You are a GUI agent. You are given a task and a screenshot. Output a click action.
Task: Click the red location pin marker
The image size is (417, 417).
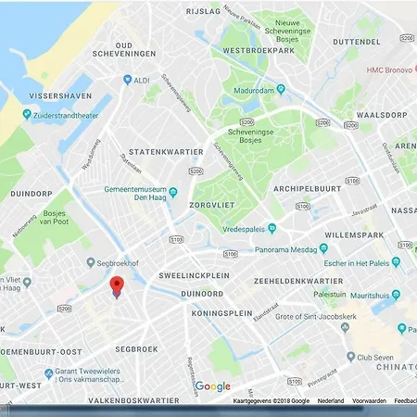117,286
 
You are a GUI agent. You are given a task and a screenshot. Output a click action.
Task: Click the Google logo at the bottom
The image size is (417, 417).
212,386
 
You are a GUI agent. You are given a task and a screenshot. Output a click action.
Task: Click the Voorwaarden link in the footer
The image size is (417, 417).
369,401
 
